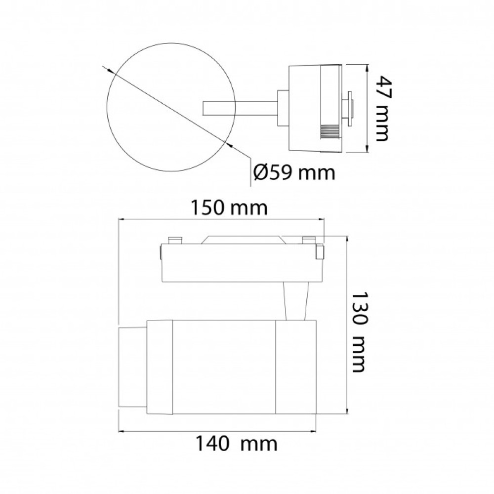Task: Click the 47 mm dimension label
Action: tap(385, 108)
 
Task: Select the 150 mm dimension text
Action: tap(230, 207)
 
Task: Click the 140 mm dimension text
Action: tap(237, 444)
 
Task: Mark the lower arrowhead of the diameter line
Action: tap(230, 145)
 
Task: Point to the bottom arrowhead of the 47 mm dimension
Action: tap(367, 149)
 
